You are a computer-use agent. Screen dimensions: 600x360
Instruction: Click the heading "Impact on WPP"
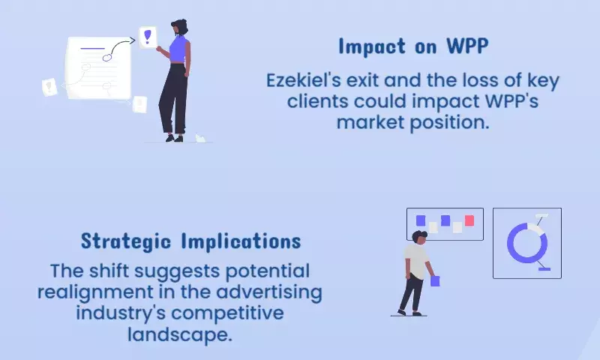(413, 46)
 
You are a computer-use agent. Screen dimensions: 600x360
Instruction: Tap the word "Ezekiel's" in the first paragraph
(303, 81)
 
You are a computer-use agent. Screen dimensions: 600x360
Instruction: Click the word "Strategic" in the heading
(125, 241)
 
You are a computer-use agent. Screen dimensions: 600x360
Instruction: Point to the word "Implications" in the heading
(241, 241)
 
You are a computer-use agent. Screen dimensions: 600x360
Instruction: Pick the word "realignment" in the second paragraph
(95, 292)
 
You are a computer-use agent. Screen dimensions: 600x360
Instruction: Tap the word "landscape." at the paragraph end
(180, 334)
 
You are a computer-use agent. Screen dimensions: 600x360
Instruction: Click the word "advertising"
(269, 292)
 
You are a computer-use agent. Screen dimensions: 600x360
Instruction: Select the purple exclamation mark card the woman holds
(148, 37)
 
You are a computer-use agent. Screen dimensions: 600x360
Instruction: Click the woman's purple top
(178, 49)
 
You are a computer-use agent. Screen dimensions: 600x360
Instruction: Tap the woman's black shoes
(175, 138)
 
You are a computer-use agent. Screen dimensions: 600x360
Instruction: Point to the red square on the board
(469, 220)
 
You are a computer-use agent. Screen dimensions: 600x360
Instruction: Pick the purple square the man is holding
(435, 281)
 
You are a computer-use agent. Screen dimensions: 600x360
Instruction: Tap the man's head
(419, 237)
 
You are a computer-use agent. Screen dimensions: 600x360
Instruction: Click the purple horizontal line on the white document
(92, 49)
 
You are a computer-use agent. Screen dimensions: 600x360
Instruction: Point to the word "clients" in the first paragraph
(316, 101)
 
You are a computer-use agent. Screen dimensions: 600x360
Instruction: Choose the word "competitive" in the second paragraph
(227, 313)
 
